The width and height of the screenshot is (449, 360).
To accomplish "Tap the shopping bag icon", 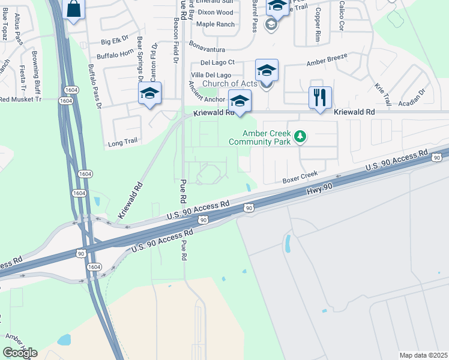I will [x=73, y=9].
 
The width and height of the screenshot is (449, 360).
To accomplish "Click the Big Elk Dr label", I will [x=115, y=41].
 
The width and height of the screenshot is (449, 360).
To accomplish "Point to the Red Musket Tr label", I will [x=19, y=98].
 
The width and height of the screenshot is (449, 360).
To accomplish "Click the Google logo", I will [x=20, y=353].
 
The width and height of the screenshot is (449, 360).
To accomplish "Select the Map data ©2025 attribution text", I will [x=423, y=355].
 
